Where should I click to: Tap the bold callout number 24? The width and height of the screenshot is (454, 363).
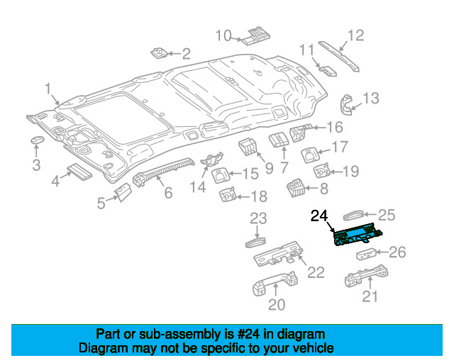click(319, 216)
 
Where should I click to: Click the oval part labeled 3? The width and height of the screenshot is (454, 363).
click(38, 140)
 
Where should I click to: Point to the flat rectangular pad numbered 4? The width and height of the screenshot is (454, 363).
click(79, 172)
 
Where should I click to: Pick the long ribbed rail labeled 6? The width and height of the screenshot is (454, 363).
click(164, 172)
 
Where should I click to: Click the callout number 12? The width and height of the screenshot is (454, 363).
click(355, 35)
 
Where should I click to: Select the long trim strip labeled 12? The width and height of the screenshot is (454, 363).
click(339, 56)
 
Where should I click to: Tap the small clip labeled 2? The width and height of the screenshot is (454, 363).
click(159, 52)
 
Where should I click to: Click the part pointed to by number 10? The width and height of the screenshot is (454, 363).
click(256, 36)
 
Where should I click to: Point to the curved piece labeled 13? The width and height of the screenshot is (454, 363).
click(347, 104)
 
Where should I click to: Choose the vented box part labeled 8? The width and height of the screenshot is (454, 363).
click(296, 188)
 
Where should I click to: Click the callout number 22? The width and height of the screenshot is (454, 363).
click(316, 272)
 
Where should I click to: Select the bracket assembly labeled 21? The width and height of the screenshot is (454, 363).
click(366, 276)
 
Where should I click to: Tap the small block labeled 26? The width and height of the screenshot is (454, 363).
click(366, 254)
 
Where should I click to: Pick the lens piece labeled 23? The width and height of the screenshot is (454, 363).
click(255, 242)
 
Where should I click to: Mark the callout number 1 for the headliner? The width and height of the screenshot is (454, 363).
click(48, 89)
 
